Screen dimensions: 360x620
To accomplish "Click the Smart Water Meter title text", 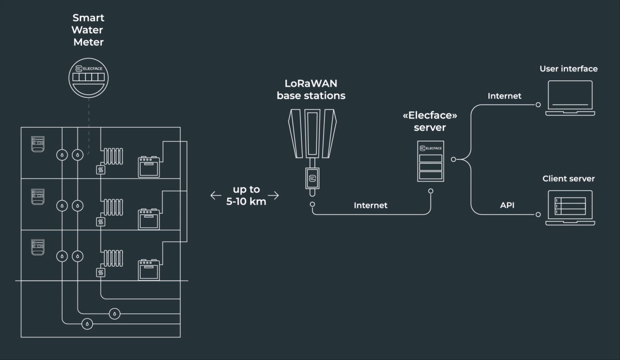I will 88,30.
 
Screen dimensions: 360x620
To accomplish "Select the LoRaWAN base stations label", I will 311,89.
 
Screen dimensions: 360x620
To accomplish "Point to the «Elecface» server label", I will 430,121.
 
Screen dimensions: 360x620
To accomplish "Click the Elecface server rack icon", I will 430,161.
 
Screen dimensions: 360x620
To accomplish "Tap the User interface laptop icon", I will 570,98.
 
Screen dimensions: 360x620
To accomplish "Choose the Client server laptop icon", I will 570,208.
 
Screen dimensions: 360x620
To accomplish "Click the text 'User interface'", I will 568,69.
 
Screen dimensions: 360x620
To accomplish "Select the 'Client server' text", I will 568,179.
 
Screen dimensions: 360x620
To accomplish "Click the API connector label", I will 507,205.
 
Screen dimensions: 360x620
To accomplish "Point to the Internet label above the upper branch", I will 504,96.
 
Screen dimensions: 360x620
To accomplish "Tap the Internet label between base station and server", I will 370,205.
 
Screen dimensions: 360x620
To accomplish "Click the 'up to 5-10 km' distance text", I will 246,195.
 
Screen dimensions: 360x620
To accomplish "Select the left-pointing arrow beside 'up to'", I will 215,195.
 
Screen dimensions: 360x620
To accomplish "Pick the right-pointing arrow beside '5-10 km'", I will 273,195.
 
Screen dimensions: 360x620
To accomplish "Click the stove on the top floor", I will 149,167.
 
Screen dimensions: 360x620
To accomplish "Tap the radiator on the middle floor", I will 113,208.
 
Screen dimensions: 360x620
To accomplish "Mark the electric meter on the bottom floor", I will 38,247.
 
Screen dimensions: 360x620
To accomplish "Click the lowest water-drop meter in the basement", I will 87,324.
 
